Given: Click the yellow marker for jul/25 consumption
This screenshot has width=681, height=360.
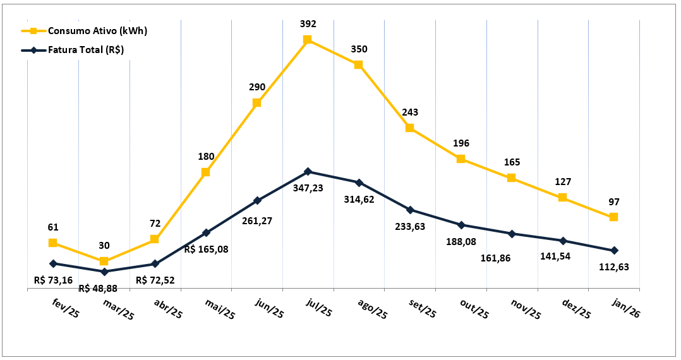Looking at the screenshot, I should pyautogui.click(x=308, y=40).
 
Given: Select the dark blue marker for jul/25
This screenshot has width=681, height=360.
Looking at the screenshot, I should pyautogui.click(x=308, y=171).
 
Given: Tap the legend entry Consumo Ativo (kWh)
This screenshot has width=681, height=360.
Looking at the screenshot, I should pyautogui.click(x=97, y=31).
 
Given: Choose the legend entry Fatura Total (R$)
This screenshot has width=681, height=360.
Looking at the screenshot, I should pyautogui.click(x=88, y=50).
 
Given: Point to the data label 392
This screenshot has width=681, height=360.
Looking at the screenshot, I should pyautogui.click(x=308, y=24).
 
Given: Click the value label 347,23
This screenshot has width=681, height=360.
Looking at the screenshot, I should pyautogui.click(x=308, y=188).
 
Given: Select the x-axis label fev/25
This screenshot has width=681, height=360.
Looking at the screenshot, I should pyautogui.click(x=65, y=309).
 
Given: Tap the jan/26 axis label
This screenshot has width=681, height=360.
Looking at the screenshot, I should pyautogui.click(x=626, y=309).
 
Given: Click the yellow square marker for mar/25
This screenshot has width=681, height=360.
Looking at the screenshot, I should pyautogui.click(x=104, y=261).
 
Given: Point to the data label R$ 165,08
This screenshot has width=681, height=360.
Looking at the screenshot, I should pyautogui.click(x=207, y=249).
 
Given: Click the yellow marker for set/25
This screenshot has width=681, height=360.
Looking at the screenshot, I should pyautogui.click(x=410, y=128).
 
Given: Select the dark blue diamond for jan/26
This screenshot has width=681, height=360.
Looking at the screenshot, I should pyautogui.click(x=614, y=251).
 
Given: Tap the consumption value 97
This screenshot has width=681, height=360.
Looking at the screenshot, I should pyautogui.click(x=614, y=202).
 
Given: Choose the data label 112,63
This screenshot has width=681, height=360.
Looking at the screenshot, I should pyautogui.click(x=613, y=267).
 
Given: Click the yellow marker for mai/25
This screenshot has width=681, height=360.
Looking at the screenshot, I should pyautogui.click(x=206, y=172).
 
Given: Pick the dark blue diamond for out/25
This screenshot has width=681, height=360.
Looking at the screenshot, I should pyautogui.click(x=461, y=225).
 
